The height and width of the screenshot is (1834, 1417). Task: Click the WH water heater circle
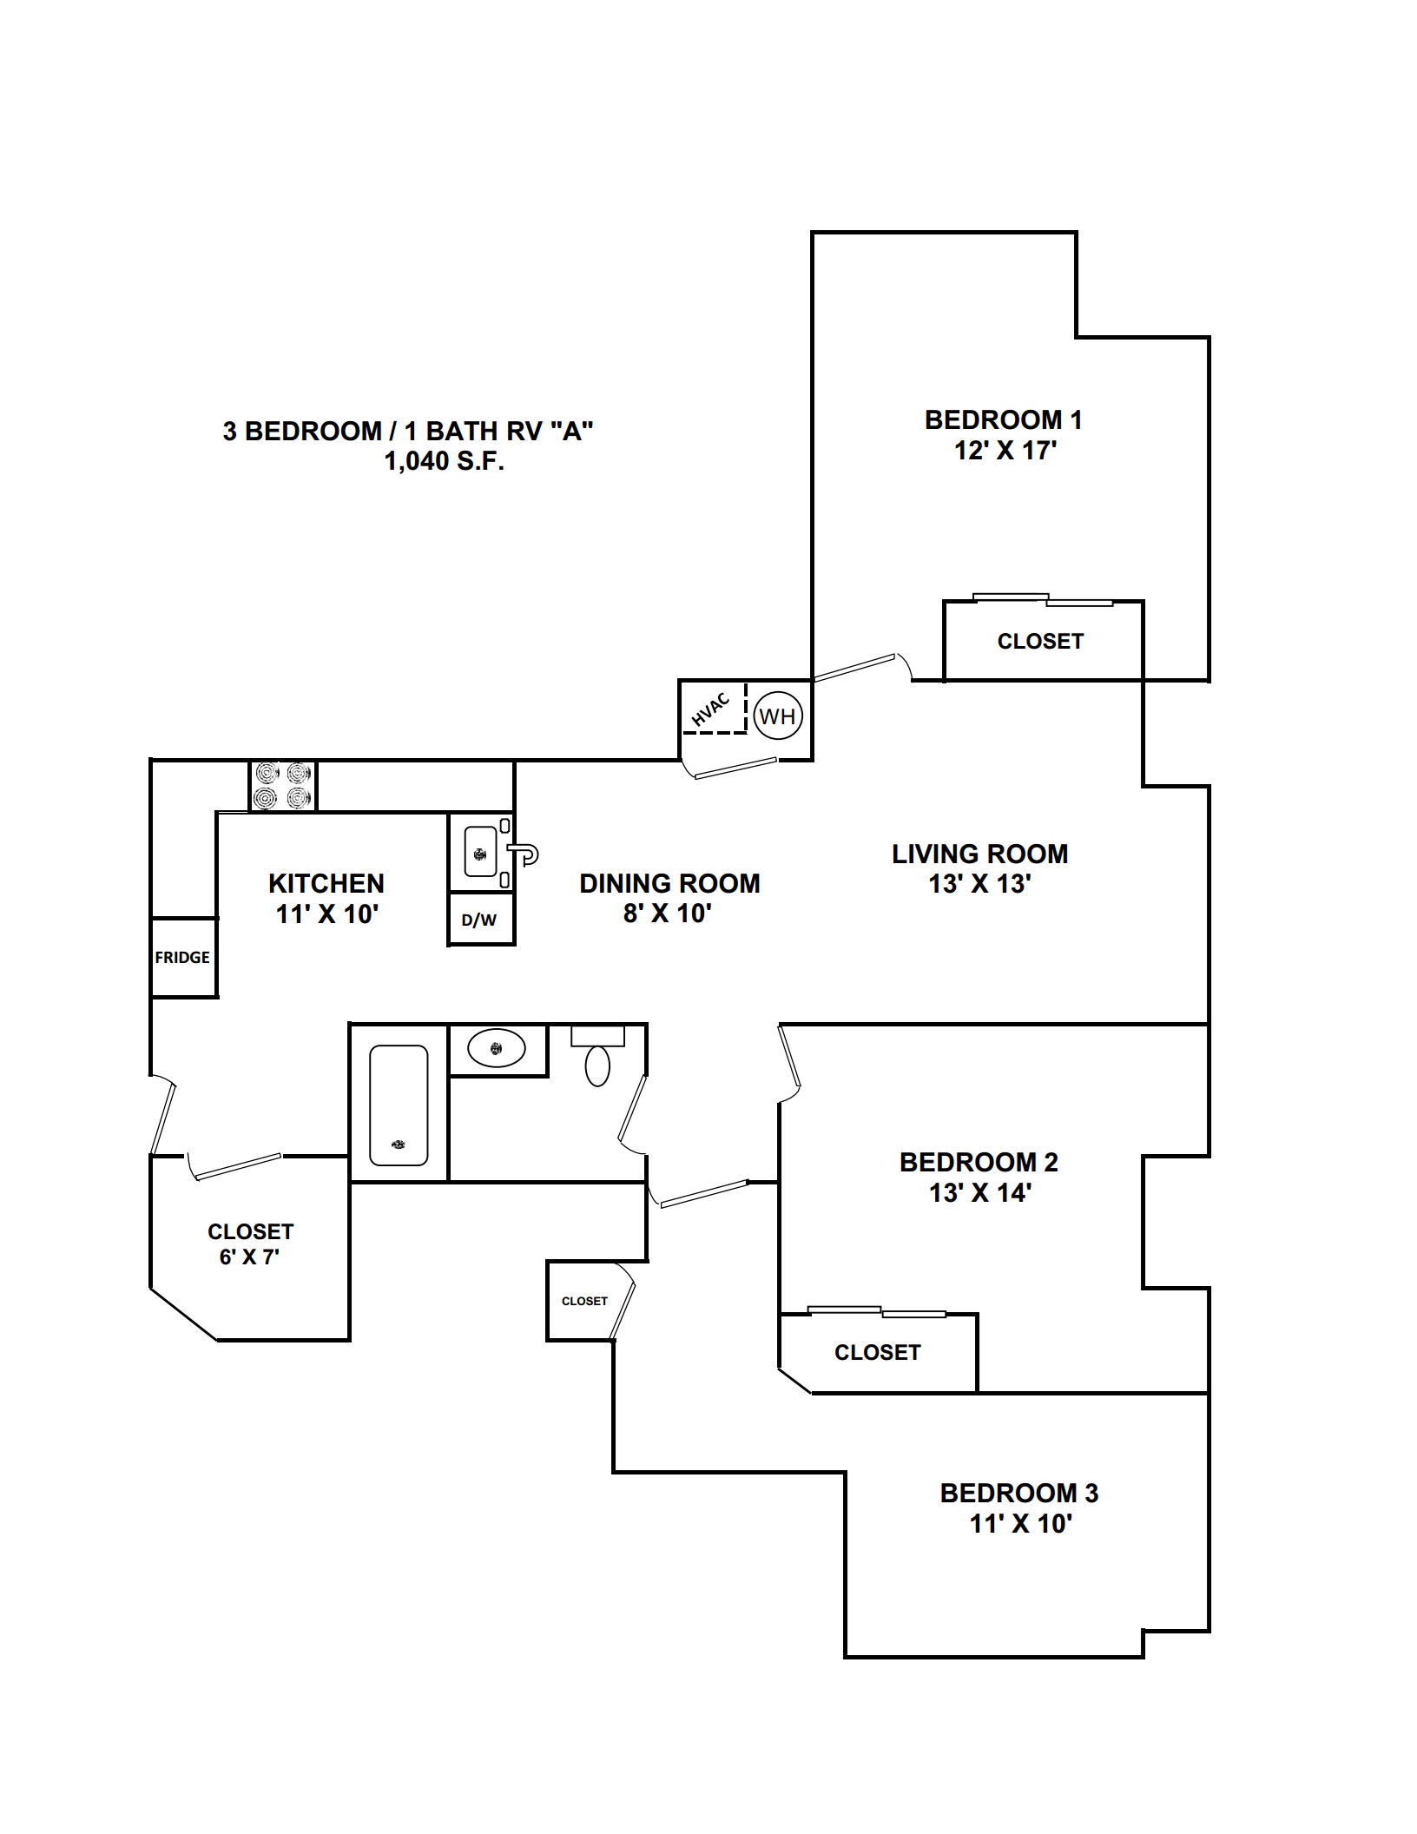777,716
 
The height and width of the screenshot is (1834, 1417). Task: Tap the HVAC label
710,709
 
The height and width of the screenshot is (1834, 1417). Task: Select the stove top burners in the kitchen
283,786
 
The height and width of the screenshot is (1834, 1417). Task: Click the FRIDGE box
182,957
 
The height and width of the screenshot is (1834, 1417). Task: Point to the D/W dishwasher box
479,920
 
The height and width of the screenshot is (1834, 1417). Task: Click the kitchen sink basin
480,853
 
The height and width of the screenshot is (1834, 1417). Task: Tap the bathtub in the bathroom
399,1105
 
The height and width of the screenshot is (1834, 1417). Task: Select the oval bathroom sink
497,1048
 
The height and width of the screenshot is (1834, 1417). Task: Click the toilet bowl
597,1065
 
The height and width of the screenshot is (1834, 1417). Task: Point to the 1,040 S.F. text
445,461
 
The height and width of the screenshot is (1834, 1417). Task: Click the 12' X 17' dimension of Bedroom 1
1005,451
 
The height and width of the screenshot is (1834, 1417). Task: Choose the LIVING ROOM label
979,854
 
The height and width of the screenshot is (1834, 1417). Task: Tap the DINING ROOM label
669,883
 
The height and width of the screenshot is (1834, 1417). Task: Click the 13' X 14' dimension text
980,1192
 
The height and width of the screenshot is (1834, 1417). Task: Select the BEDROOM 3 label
1019,1493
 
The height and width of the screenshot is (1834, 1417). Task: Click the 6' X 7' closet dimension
249,1257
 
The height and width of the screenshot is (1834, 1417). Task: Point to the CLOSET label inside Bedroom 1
1040,641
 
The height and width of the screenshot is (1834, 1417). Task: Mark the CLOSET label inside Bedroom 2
877,1352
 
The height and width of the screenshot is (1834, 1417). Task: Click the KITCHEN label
326,883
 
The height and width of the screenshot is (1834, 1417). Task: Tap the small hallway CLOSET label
584,1301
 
